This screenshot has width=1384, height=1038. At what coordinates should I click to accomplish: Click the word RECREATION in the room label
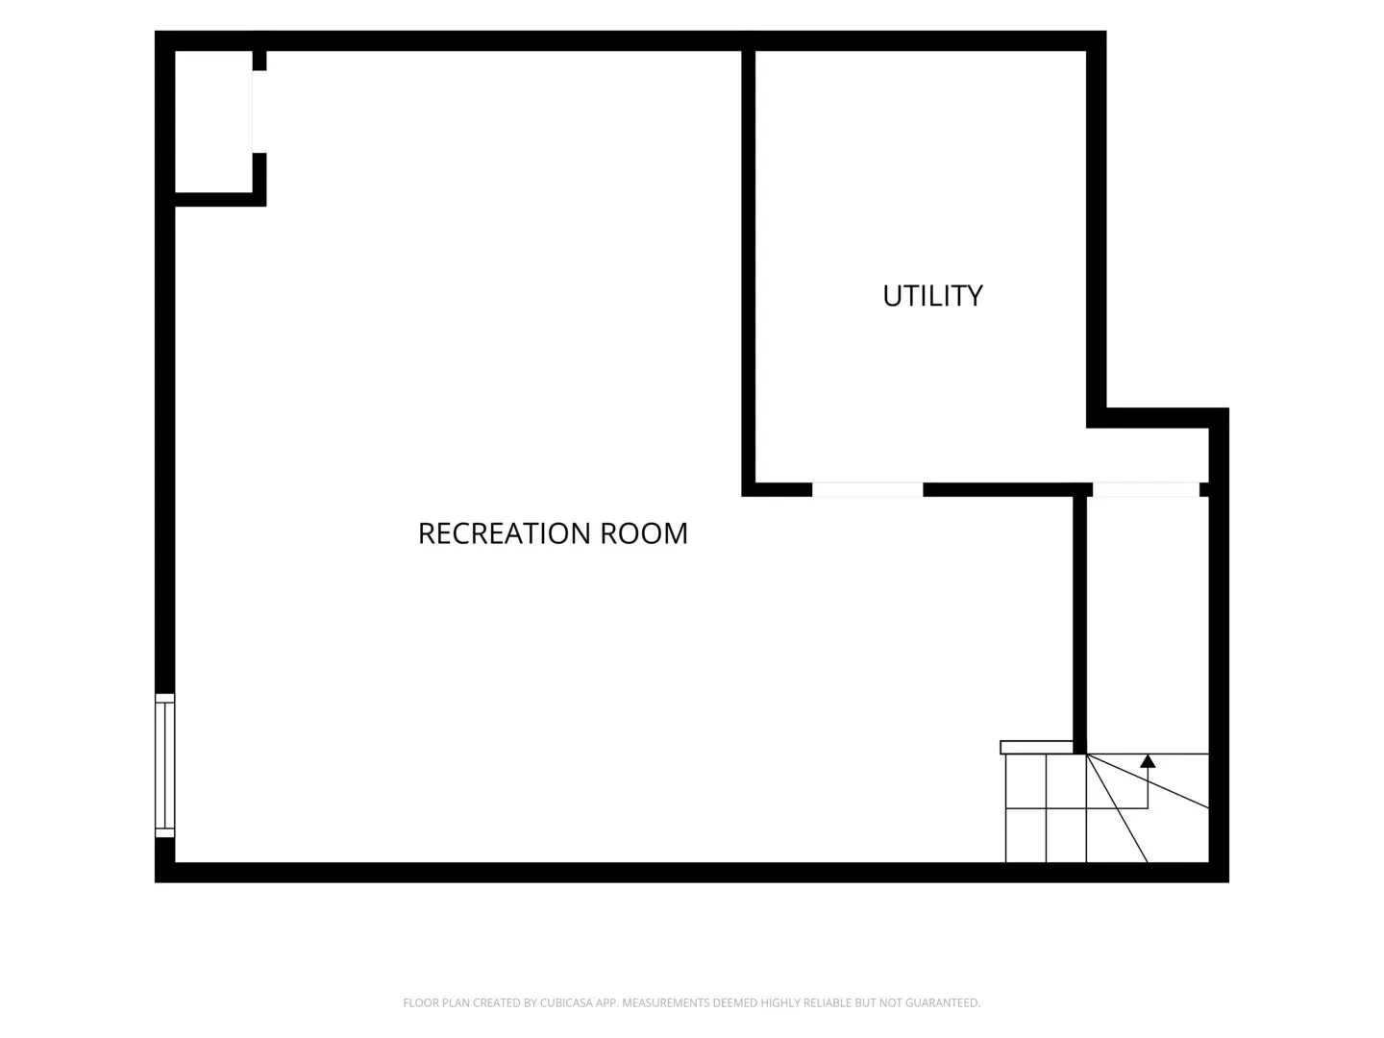pos(505,533)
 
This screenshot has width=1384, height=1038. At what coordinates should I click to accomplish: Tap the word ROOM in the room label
pos(644,533)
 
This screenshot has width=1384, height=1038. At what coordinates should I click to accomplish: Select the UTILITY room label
pos(932,296)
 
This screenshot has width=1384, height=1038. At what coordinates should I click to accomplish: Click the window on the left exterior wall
pos(164,766)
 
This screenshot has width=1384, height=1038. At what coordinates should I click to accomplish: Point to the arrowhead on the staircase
pos(1148,760)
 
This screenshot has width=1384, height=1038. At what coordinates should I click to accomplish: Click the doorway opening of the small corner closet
pos(259,111)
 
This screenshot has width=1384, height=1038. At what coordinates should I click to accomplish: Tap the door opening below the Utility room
pos(868,490)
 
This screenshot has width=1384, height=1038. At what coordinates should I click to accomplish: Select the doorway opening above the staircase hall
pos(1147,490)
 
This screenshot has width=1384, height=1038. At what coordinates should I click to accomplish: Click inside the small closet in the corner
pos(213,121)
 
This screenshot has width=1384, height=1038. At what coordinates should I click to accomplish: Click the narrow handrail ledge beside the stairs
pos(1036,748)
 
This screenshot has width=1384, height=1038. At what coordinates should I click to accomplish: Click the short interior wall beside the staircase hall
pos(1079,625)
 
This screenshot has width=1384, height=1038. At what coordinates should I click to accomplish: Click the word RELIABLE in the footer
pos(828,1002)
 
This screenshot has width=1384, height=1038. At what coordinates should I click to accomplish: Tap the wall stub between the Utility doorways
pos(1007,490)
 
